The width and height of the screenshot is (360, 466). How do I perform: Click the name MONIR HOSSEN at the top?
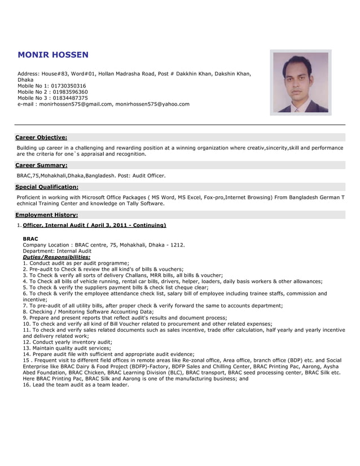tap(53, 55)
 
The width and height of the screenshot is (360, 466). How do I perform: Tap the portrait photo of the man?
tap(300, 82)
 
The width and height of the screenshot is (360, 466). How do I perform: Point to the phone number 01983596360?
tap(69, 92)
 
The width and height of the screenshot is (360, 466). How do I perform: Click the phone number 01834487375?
tap(69, 98)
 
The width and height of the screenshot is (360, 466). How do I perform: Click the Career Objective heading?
tap(41, 137)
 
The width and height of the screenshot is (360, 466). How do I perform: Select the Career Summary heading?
tap(41, 165)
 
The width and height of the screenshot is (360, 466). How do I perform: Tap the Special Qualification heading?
tap(47, 187)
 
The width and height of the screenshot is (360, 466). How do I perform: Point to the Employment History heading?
tap(47, 215)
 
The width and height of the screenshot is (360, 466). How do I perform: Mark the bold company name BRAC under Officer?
tap(30, 239)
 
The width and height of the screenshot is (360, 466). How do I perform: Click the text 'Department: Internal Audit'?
tap(57, 251)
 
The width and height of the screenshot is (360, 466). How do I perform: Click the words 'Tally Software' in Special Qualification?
tap(146, 204)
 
